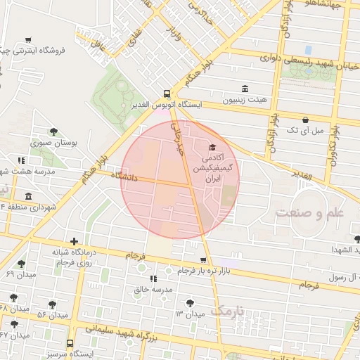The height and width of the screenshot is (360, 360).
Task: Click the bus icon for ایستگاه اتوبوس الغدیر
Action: coord(167,93)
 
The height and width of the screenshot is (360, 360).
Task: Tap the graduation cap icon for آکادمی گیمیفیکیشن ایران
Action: coord(212,148)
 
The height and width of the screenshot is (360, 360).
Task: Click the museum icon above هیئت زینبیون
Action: coord(245,89)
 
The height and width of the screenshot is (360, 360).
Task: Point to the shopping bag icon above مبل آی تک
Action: coord(305,120)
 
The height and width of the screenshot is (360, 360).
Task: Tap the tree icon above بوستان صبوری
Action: coord(53,131)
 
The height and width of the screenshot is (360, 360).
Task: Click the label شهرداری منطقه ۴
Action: coord(28,207)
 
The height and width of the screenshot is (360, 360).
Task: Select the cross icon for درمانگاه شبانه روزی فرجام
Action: coord(74,241)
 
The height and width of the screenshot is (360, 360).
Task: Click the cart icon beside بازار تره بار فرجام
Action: coord(203,259)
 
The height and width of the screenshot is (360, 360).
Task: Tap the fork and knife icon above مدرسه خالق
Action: coord(153,278)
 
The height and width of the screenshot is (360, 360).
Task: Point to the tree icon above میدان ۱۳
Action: coord(189,303)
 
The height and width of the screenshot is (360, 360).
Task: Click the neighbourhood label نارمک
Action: coord(229,310)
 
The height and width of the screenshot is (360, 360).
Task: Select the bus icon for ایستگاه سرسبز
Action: coord(69,343)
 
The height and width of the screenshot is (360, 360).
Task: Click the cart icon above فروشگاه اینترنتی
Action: coord(27,40)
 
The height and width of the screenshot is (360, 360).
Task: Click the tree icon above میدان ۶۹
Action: coord(20,264)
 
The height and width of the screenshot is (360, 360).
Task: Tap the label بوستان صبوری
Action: coord(54,143)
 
